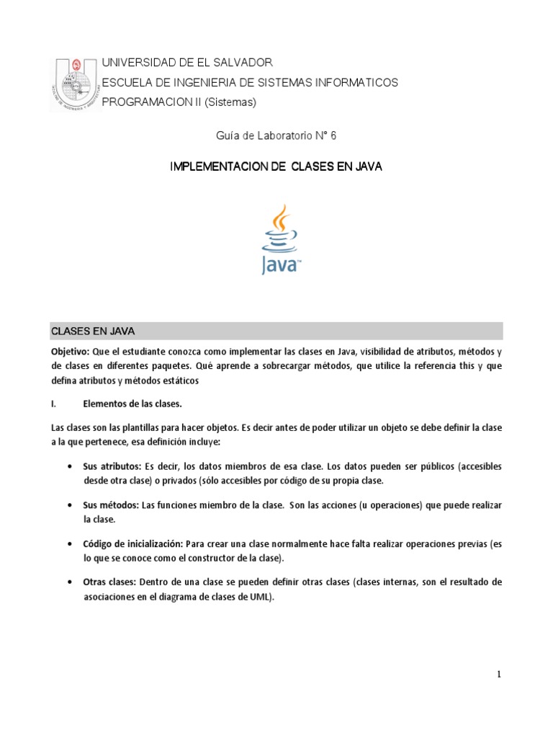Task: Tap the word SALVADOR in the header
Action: [x=239, y=63]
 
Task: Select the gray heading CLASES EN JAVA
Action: [x=93, y=332]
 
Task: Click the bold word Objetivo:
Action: [x=70, y=352]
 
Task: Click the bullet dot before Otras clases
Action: [x=68, y=582]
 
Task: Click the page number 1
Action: [x=498, y=674]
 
